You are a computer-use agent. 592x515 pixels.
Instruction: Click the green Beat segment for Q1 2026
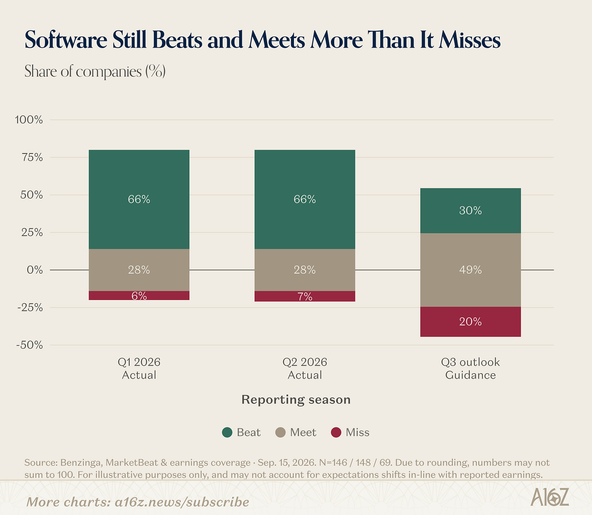click(139, 199)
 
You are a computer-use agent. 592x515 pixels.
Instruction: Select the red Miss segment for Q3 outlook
click(470, 322)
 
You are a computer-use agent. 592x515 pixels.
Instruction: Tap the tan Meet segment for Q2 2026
click(305, 270)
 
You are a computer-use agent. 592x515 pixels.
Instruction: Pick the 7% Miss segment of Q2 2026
click(305, 296)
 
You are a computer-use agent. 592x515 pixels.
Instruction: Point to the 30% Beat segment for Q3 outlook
click(470, 210)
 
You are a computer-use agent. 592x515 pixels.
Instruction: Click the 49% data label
click(470, 270)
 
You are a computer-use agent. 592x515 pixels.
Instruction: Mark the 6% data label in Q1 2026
click(139, 296)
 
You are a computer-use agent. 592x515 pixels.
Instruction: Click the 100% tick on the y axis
click(29, 120)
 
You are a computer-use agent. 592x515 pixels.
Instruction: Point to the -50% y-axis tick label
click(30, 345)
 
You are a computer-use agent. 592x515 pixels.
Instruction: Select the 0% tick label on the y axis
click(35, 270)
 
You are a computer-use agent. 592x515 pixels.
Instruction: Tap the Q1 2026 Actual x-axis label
click(139, 368)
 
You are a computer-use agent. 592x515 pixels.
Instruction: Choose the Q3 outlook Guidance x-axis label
click(470, 368)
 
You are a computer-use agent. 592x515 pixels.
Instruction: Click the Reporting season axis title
click(296, 400)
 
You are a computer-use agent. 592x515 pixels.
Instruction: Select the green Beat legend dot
click(227, 432)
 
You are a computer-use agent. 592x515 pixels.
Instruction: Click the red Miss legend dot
click(336, 432)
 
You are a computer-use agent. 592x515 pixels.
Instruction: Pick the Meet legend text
click(303, 432)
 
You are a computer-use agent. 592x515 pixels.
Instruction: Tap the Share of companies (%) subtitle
click(95, 71)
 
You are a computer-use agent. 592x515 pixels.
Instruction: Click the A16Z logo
click(549, 497)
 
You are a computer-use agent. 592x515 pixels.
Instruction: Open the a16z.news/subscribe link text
click(182, 502)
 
